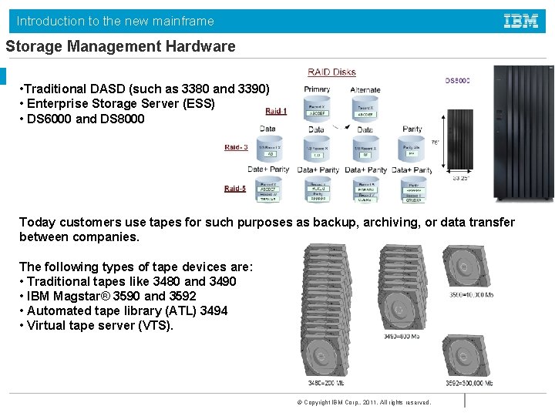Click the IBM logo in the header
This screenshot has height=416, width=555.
click(520, 21)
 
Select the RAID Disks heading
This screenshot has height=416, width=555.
click(331, 72)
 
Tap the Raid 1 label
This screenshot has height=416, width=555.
click(276, 111)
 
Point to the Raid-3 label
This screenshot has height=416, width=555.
click(237, 147)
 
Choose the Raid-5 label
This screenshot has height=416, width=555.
click(236, 188)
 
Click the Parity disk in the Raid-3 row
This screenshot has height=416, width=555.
click(412, 149)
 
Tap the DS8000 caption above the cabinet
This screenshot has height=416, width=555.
click(458, 81)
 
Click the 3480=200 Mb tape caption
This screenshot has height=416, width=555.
click(326, 383)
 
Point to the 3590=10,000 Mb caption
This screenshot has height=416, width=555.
click(471, 294)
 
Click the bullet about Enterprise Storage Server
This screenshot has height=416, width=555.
click(116, 103)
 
